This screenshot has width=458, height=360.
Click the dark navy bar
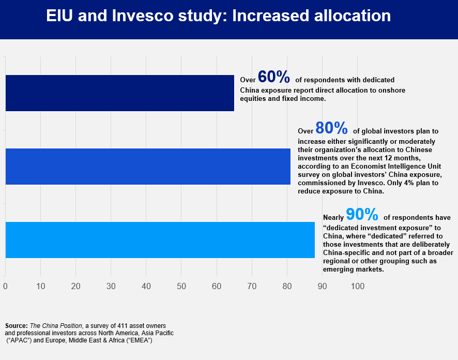pos(119,93)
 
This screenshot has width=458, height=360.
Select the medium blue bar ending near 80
pos(148,166)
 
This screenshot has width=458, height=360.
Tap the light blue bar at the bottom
pos(160,239)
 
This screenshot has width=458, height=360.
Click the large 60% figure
pos(273,77)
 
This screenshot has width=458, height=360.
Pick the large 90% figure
pos(362,215)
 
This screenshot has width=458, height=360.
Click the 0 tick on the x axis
pos(5,286)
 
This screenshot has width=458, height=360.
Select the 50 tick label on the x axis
pos(181,286)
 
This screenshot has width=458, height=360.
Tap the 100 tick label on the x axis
pos(357,286)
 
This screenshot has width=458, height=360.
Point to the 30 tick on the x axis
pos(111,286)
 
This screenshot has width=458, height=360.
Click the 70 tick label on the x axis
pos(252,286)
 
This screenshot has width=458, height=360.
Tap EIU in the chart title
pos(60,16)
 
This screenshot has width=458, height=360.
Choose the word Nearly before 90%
pos(333,218)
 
